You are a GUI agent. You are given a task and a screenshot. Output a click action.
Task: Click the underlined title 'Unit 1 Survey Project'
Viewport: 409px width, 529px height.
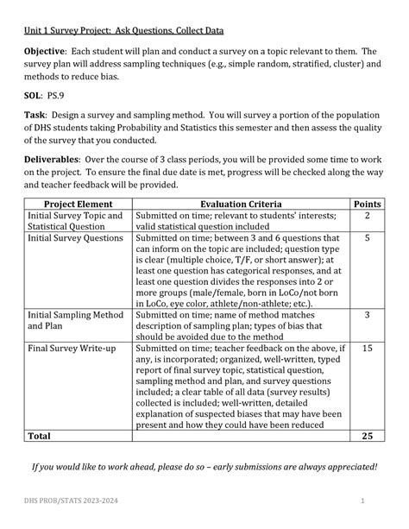[x=123, y=31]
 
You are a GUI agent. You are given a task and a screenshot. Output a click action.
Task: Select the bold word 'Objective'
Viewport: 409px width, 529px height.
[x=49, y=53]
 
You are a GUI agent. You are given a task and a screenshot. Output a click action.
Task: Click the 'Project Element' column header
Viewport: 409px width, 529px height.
[x=77, y=203]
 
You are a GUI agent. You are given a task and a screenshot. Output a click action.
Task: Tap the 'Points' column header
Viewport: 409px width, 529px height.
[x=367, y=203]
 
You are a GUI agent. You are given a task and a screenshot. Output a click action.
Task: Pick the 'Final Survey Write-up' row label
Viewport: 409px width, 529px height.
[x=72, y=349]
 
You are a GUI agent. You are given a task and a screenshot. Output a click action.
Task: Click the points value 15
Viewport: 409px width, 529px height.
[x=368, y=349]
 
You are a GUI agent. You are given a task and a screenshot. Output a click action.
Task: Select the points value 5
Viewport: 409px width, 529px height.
[x=368, y=237]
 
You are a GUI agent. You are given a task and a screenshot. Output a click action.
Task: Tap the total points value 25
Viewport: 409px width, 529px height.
[x=368, y=437]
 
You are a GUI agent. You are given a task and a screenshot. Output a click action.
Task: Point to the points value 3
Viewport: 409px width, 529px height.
[x=368, y=316]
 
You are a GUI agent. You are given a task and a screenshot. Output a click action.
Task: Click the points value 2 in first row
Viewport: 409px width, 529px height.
[x=368, y=215]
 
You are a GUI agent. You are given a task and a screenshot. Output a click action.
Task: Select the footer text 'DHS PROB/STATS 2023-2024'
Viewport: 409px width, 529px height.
[x=64, y=501]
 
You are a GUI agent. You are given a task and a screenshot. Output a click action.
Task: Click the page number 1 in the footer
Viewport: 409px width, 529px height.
[x=364, y=501]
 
